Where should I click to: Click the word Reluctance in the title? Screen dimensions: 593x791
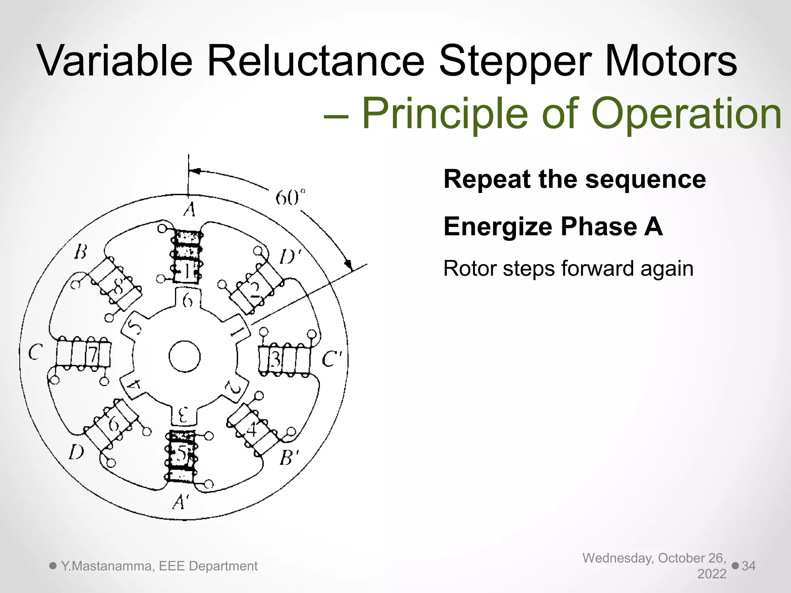click(x=316, y=61)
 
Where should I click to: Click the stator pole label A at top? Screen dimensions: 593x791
click(x=189, y=210)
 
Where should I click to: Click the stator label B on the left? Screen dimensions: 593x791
click(x=80, y=252)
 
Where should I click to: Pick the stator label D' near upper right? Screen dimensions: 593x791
click(x=290, y=256)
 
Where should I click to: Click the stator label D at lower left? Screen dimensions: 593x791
click(x=76, y=452)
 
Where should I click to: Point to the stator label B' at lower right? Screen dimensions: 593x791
click(x=289, y=458)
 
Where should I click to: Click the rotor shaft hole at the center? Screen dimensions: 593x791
click(x=185, y=356)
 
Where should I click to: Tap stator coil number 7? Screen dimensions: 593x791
click(x=84, y=354)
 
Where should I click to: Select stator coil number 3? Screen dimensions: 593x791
click(x=284, y=360)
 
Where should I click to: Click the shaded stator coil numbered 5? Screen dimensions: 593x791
click(x=181, y=456)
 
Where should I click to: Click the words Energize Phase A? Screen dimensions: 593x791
click(x=553, y=226)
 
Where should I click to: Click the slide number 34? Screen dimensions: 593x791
click(x=749, y=566)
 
